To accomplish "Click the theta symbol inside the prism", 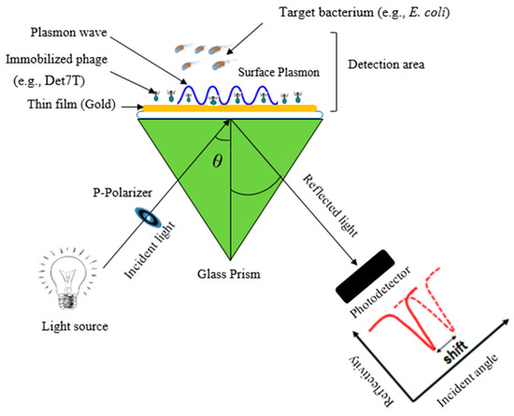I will click(x=219, y=160).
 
